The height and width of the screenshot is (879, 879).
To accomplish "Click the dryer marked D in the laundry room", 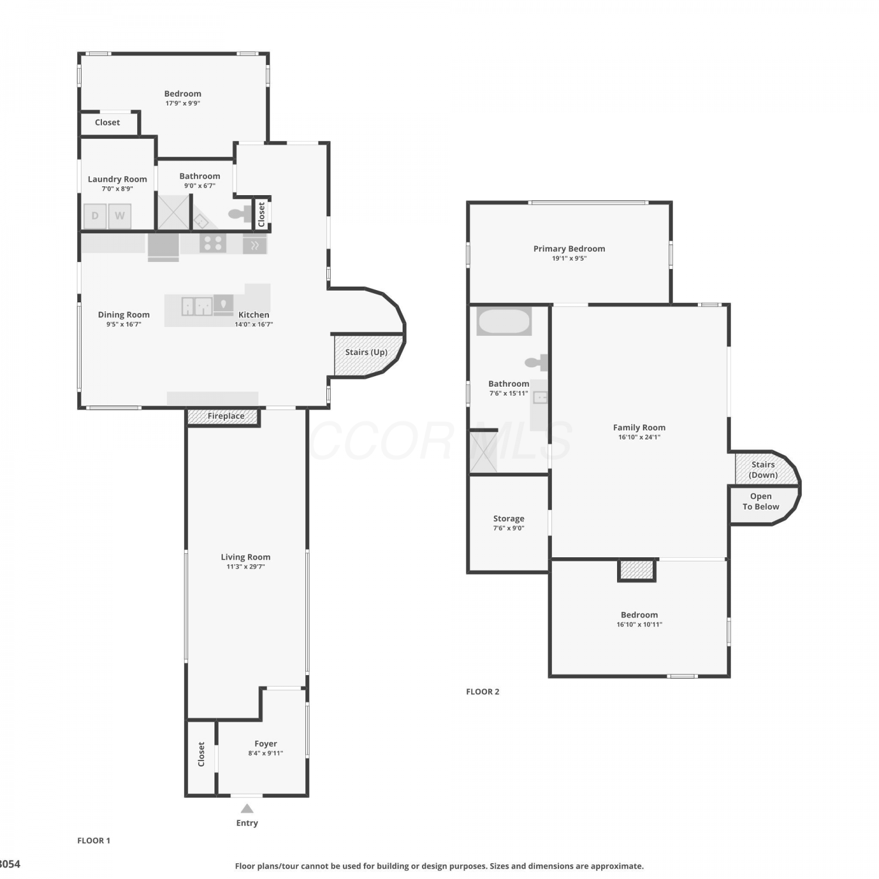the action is [95, 216].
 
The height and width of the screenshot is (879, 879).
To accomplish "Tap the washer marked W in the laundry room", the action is [120, 216].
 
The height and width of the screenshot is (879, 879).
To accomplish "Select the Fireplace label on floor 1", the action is [226, 416].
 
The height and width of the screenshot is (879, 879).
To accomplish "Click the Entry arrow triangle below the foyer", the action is [247, 809].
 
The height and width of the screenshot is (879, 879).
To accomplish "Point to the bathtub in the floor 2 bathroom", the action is [504, 321].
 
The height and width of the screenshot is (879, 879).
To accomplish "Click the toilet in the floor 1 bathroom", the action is [240, 214].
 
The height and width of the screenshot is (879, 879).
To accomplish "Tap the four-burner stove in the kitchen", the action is [213, 243].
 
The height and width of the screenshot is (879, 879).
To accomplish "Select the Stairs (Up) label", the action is [366, 352].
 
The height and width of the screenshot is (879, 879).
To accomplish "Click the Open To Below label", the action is [761, 502].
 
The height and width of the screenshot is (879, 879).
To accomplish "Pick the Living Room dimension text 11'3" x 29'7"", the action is [246, 567].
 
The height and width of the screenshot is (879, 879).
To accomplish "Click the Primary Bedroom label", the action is [569, 248].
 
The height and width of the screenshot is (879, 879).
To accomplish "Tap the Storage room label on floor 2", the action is [509, 519].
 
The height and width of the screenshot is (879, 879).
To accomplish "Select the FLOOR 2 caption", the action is [483, 691].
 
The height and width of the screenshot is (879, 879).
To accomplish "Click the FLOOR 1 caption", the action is [94, 840].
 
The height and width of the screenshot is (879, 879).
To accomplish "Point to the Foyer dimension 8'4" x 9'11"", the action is [265, 754].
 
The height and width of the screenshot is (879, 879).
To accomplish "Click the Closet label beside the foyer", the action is [201, 754].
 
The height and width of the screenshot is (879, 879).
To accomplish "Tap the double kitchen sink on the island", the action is [196, 306].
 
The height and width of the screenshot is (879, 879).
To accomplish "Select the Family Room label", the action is [639, 428].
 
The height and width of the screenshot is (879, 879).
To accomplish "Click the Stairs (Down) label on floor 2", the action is [764, 470].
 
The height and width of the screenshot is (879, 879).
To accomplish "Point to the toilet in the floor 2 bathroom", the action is [537, 363].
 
